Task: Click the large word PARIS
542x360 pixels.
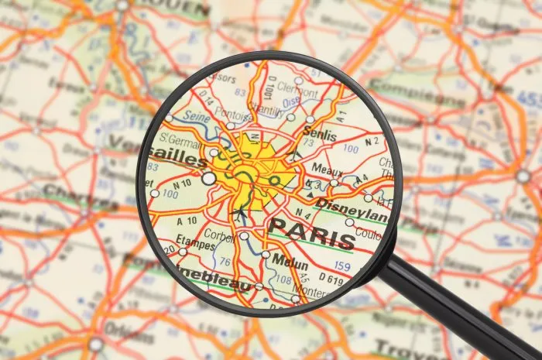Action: pos(310,229)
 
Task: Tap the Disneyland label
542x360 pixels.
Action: pos(352,207)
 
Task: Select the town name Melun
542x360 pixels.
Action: pos(290,261)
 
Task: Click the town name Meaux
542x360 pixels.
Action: pos(328,168)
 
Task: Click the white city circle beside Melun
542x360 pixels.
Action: pos(266,254)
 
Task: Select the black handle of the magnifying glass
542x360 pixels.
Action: pos(457,309)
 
